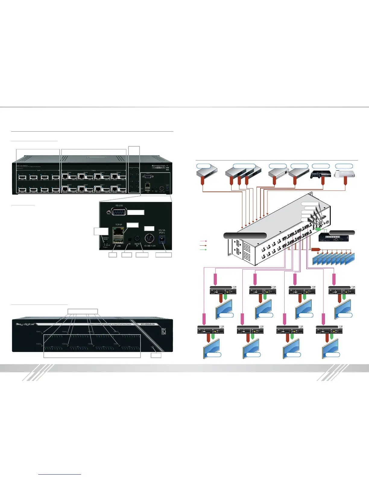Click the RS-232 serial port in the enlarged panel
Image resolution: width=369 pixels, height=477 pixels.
118,212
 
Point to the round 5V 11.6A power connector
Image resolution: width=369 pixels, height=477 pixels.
150,239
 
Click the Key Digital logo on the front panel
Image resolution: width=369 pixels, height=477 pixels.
25,324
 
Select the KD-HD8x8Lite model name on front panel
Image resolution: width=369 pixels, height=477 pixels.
148,324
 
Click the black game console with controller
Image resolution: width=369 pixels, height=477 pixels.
321,174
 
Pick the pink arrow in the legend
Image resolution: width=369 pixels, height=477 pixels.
204,241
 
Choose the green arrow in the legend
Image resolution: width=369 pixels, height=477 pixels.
204,250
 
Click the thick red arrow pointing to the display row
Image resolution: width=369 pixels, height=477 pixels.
315,249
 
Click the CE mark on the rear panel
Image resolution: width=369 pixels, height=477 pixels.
167,165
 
